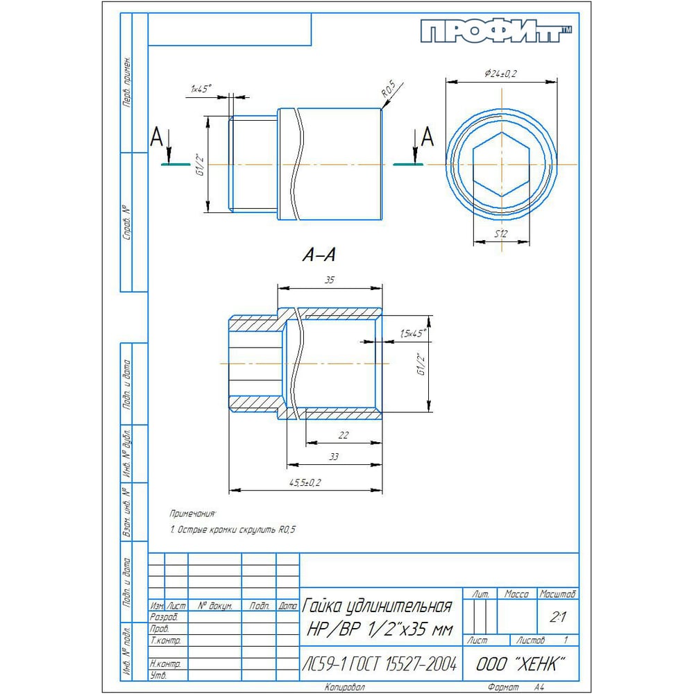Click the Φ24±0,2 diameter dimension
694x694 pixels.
502,73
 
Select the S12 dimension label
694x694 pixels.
502,235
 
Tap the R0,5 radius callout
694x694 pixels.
388,90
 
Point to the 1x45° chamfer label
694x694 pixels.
201,89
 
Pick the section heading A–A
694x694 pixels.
319,256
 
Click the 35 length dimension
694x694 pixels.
329,280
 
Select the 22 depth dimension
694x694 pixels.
344,434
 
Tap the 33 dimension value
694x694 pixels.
334,457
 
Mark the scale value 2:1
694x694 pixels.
557,616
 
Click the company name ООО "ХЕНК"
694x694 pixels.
520,664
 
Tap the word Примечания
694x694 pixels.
193,514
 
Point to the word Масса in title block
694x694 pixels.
517,595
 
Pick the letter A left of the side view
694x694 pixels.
157,138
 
